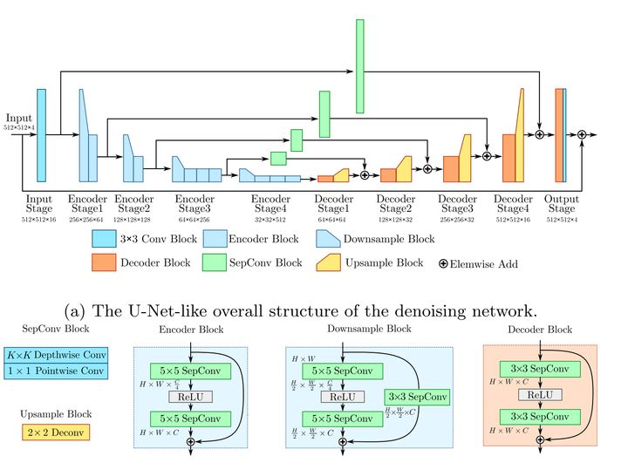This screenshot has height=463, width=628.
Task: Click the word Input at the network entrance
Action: [x=18, y=118]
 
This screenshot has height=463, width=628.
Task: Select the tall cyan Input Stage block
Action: [x=40, y=135]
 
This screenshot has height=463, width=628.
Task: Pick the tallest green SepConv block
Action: [x=359, y=65]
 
